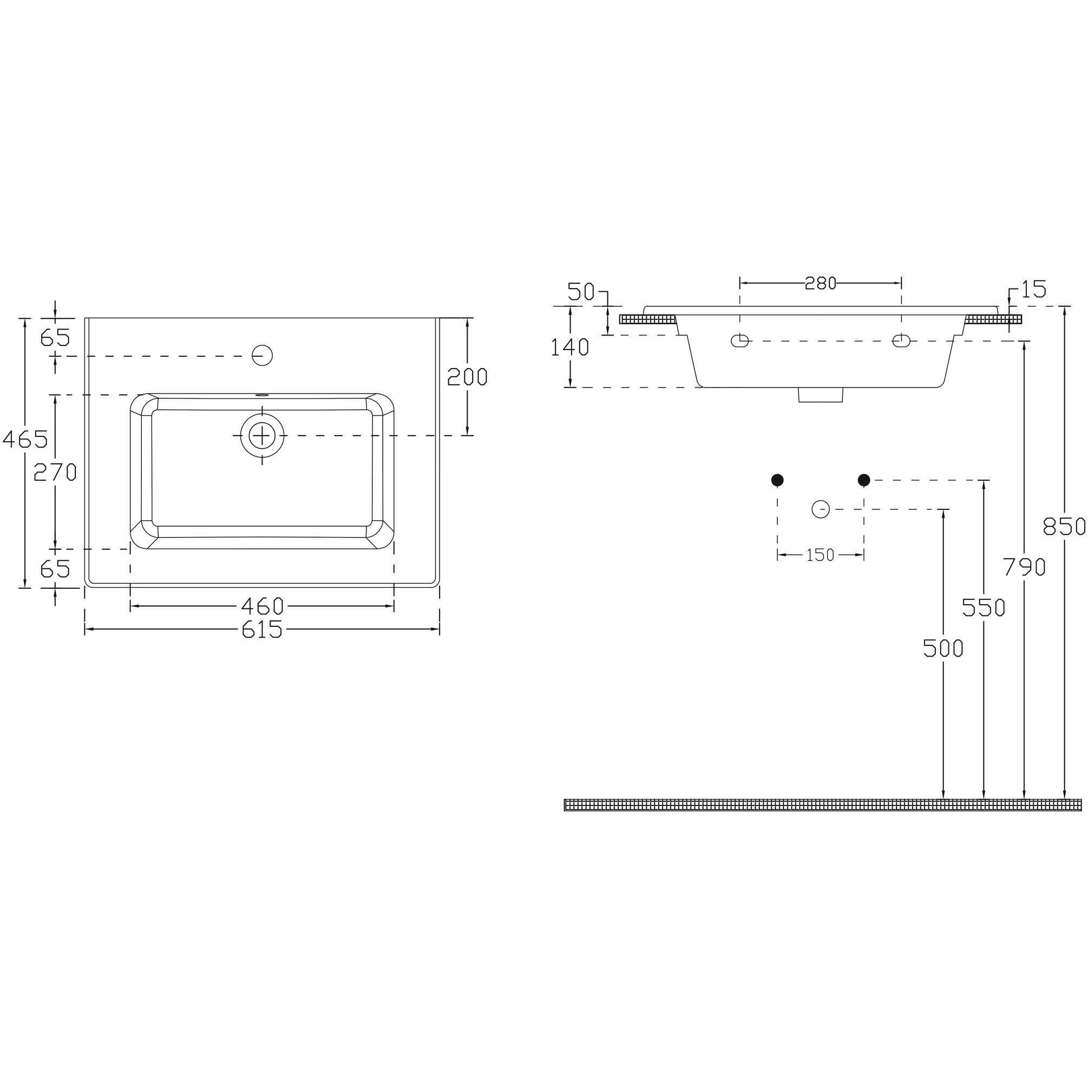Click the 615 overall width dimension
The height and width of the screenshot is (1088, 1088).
click(x=262, y=630)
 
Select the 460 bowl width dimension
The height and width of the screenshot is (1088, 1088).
click(x=263, y=606)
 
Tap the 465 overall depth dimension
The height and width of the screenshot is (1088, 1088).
click(x=25, y=438)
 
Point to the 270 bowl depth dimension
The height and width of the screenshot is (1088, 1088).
click(x=55, y=472)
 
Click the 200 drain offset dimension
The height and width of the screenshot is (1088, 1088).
click(x=467, y=377)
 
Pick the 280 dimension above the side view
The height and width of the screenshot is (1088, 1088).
click(x=821, y=283)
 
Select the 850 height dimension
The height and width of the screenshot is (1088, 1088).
click(x=1064, y=527)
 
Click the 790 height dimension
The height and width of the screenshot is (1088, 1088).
click(x=1024, y=567)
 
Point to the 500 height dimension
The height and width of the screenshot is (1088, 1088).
click(x=943, y=648)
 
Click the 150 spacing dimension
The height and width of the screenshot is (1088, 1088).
click(x=821, y=555)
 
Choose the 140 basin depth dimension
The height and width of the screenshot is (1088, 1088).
click(x=569, y=348)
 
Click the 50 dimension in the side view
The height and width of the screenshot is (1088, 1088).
click(x=581, y=292)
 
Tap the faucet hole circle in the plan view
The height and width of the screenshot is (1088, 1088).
click(x=263, y=355)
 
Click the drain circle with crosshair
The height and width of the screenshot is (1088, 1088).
click(x=263, y=435)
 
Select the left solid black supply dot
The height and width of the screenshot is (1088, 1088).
click(x=777, y=480)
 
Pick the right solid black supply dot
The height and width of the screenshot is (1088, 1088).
click(x=864, y=480)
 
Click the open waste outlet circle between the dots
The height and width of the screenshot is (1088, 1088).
click(x=821, y=509)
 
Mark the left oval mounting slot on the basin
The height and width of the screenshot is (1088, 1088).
click(x=739, y=340)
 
